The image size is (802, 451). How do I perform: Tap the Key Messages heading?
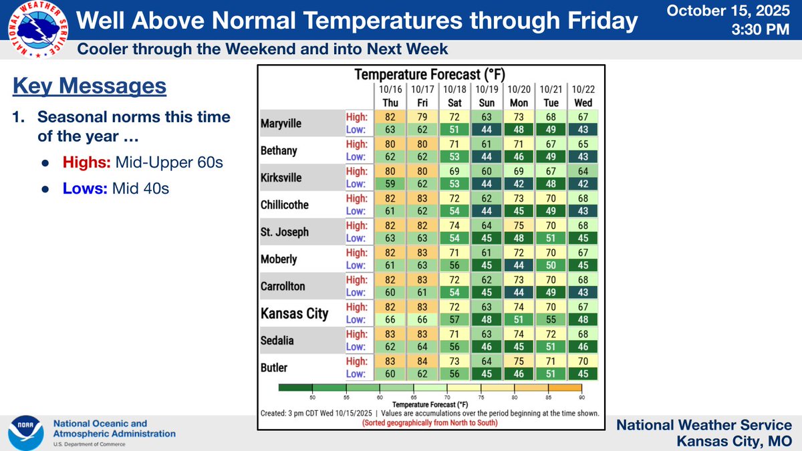point(89,86)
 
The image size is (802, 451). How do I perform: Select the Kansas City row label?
point(293,313)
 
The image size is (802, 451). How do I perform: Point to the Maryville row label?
point(281,124)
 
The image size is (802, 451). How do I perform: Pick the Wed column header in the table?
point(581,103)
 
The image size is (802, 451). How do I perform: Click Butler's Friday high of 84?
point(420,361)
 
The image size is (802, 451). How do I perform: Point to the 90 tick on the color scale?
point(583,397)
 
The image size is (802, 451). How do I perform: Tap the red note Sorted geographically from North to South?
point(430,423)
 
